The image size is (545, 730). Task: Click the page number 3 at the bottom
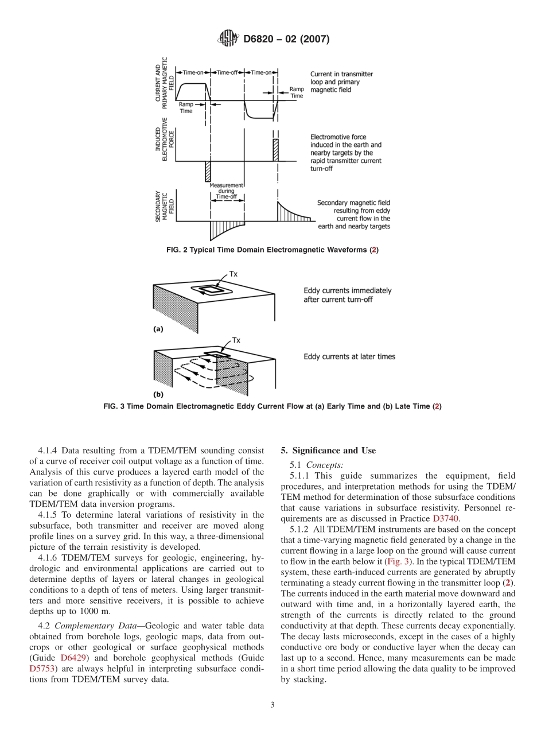pos(272,705)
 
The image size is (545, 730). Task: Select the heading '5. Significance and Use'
pos(328,451)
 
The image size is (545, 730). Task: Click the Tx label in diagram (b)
pos(236,340)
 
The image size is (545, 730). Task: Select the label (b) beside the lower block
pos(158,395)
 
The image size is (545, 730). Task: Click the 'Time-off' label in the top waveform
pos(227,72)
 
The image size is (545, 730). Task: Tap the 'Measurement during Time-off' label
pos(226,191)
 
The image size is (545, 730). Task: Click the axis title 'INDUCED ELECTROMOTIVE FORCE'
pos(164,139)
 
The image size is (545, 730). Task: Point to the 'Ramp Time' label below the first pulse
pos(186,108)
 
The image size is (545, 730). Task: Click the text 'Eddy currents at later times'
pos(349,356)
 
